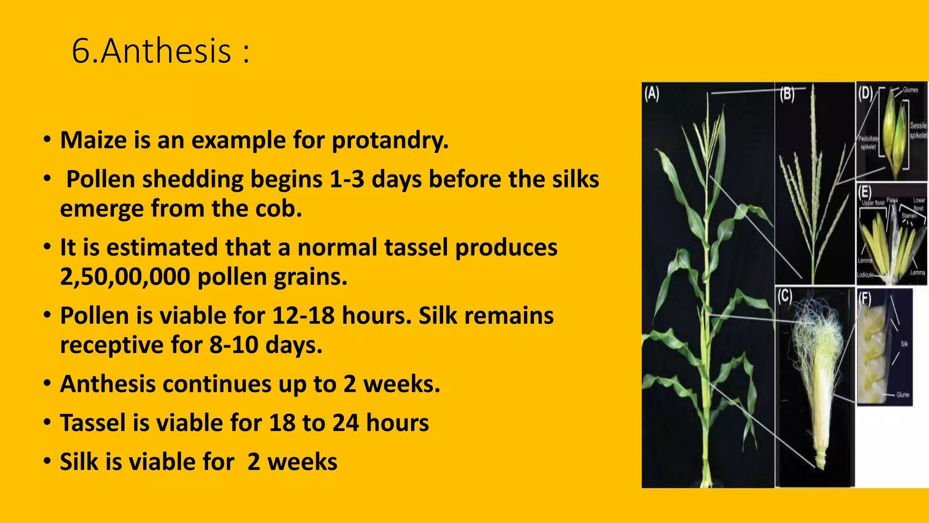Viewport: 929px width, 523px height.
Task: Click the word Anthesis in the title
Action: tap(166, 51)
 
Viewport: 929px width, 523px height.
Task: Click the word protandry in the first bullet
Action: tap(390, 140)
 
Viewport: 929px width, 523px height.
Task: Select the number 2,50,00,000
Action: tap(125, 276)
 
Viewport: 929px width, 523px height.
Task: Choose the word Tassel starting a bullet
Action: tap(93, 423)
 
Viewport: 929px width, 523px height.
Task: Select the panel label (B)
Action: tap(787, 94)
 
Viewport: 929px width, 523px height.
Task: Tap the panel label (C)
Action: tap(785, 296)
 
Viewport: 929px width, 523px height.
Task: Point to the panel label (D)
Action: tap(865, 93)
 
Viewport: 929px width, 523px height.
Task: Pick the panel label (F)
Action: tap(865, 298)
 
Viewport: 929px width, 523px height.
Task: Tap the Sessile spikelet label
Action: tap(918, 130)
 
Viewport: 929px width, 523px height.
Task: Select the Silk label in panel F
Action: tap(904, 344)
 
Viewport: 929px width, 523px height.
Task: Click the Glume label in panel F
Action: tap(903, 395)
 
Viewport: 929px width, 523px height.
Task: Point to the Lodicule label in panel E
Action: tap(865, 275)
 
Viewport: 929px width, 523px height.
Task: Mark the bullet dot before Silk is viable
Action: tap(47, 462)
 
